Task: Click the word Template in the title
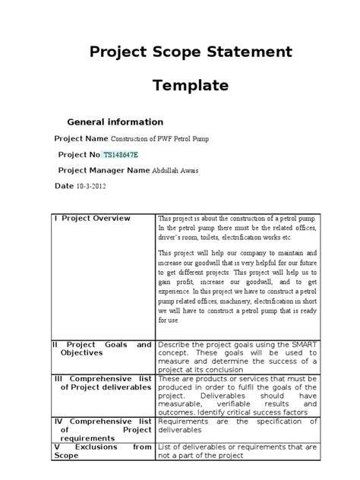191,86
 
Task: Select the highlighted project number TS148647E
126,155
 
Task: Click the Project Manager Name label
104,170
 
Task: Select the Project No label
79,155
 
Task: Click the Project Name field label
82,139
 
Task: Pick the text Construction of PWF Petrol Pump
159,140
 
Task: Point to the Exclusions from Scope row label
102,451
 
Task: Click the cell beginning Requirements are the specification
237,425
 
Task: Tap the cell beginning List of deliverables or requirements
237,451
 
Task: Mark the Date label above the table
64,185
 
